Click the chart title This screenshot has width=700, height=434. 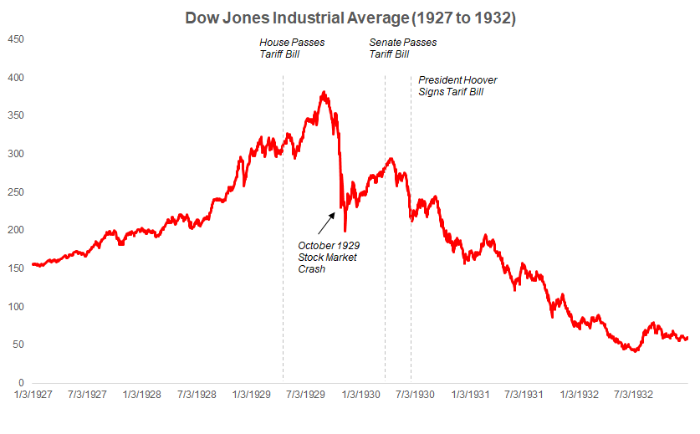pos(350,17)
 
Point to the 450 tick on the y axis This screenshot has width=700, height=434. pos(16,39)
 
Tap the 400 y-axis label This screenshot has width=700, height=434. pos(16,78)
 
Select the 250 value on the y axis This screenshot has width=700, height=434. pos(16,192)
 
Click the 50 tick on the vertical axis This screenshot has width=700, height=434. pos(18,345)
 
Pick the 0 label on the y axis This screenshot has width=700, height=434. pos(21,383)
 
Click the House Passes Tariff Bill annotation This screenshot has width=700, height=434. pos(291,49)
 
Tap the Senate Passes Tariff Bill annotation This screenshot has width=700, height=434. pos(402,49)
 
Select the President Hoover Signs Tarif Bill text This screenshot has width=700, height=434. pos(457,86)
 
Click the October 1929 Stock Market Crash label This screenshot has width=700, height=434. pos(327,257)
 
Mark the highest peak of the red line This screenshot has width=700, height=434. pos(324,93)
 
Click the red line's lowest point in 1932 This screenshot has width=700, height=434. pos(635,351)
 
